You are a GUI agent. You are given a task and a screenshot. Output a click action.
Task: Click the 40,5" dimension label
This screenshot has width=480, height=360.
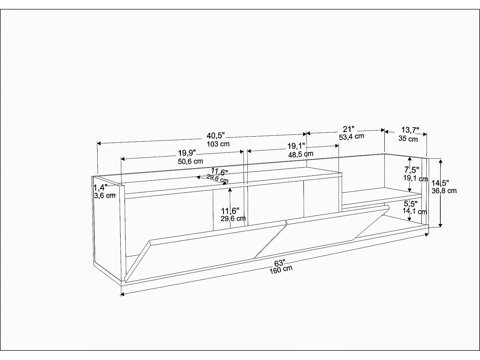216,136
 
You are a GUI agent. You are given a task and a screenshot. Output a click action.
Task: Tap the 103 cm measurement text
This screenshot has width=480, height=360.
218,144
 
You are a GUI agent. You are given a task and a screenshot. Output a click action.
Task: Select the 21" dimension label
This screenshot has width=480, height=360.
348,129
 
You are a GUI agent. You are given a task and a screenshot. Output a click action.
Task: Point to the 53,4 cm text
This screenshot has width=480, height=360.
351,137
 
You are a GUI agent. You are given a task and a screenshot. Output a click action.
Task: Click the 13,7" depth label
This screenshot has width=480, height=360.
410,130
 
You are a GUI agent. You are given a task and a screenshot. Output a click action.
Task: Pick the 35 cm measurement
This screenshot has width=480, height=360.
408,139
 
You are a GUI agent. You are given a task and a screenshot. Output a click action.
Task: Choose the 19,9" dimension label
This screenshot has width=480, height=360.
187,153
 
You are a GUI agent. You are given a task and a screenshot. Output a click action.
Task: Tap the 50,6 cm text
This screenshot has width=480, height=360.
190,162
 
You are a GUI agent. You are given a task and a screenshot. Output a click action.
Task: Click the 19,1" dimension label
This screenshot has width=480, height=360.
296,146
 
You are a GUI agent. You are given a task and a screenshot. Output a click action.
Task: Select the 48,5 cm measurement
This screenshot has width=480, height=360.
301,154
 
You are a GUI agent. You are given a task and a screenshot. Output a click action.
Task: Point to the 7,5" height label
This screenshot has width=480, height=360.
412,170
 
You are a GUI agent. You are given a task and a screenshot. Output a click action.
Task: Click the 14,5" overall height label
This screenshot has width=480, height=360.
440,183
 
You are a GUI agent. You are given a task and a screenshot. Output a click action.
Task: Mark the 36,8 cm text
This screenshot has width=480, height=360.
444,191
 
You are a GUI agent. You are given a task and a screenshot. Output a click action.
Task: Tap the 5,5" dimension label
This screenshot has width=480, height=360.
411,204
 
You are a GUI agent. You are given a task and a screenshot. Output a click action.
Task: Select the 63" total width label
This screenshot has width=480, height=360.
280,263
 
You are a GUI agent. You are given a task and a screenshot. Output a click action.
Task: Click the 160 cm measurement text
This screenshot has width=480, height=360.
281,270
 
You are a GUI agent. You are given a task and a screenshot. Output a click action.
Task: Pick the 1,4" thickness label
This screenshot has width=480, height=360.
100,188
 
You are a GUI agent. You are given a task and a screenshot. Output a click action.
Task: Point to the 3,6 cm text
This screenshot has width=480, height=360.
105,196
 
